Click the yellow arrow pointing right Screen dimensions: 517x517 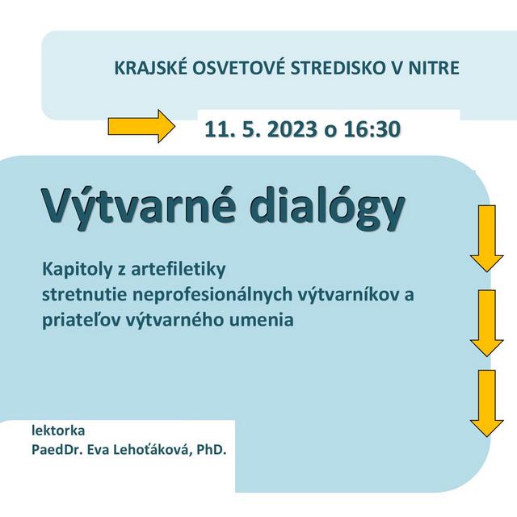tap(141, 127)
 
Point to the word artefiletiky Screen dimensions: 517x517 tap(186, 267)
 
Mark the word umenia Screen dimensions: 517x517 tap(264, 319)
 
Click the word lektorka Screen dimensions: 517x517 tap(57, 429)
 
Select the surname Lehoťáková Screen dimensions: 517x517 tap(155, 448)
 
